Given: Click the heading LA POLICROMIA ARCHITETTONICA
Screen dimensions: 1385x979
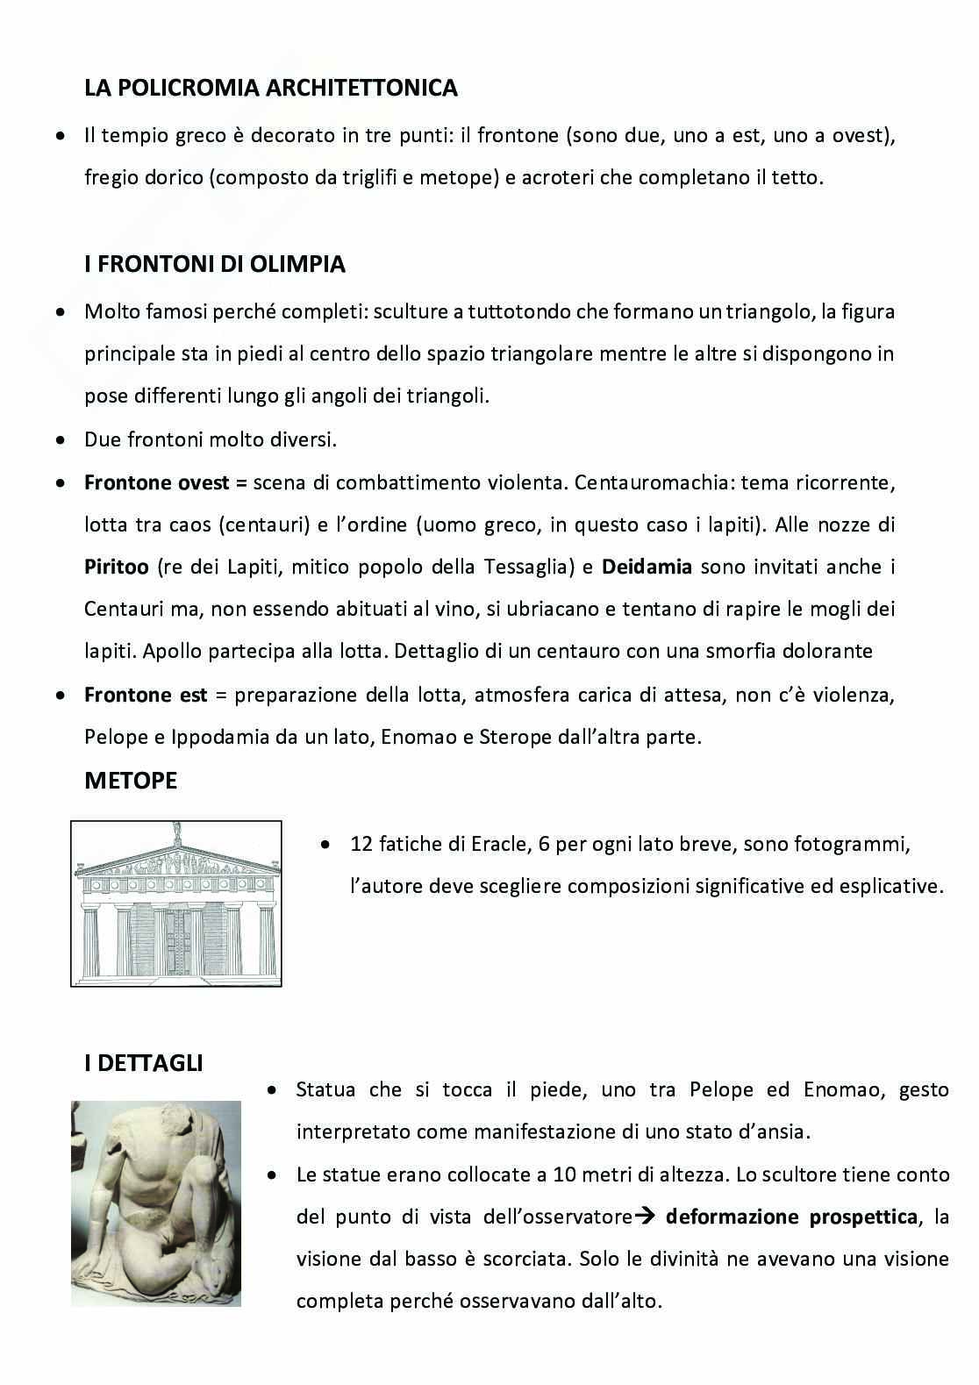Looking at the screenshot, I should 271,88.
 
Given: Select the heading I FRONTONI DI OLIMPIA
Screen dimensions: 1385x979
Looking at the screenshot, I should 215,264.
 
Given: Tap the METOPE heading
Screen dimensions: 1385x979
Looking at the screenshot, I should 131,781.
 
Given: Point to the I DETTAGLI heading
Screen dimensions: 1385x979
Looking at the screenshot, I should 144,1063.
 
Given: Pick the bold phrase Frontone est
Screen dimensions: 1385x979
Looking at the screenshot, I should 146,696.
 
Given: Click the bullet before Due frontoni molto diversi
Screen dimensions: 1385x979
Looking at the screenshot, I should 60,440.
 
